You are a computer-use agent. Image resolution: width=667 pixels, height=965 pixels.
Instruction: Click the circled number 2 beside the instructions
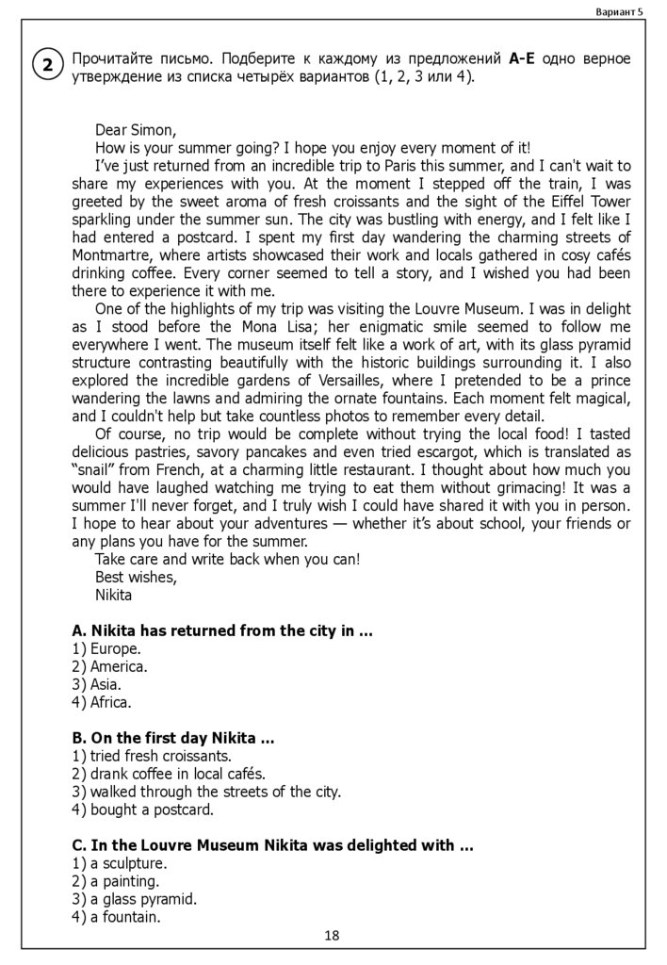44,66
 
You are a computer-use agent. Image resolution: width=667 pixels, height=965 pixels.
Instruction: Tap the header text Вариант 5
620,11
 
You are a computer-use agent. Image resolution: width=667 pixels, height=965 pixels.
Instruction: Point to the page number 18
332,935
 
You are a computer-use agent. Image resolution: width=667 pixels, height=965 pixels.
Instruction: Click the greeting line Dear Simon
136,130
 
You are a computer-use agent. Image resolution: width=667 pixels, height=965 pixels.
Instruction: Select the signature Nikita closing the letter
114,595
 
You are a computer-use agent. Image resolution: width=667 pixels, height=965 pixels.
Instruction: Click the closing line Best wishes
136,577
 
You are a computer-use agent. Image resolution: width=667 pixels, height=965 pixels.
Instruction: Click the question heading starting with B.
173,738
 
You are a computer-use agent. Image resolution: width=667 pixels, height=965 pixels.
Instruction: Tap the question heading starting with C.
272,845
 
